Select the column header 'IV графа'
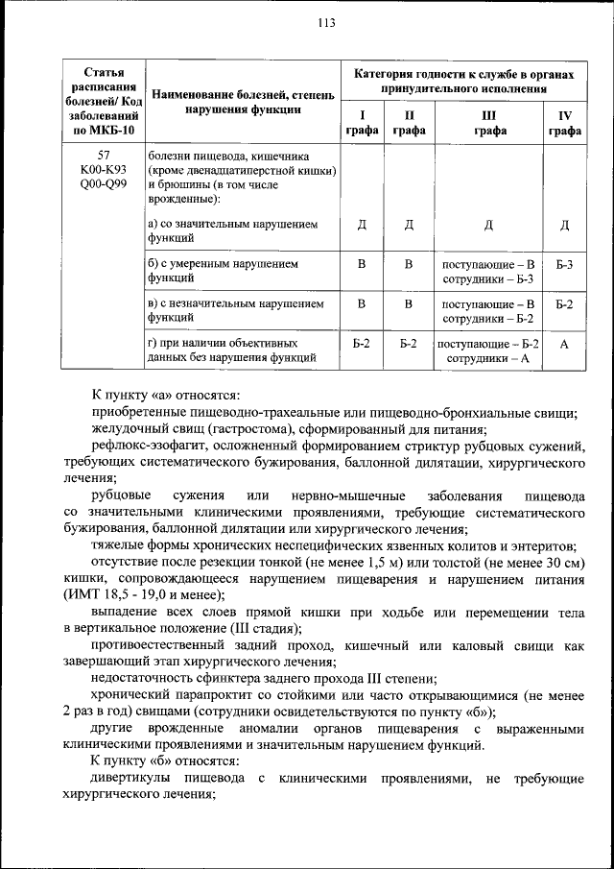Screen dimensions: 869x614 point(564,124)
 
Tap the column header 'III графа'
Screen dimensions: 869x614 point(488,124)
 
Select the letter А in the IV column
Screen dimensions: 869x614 point(564,350)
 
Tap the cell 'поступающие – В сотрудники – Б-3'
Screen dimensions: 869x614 point(488,270)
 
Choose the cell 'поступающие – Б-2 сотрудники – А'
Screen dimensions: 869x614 point(488,350)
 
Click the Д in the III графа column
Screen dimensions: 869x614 point(488,225)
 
